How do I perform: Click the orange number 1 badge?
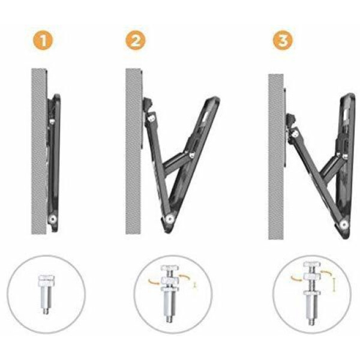tap(43, 41)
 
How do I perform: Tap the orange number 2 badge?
tap(136, 40)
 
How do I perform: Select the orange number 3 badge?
tap(283, 40)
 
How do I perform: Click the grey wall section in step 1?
tap(39, 151)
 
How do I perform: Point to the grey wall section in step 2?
tap(133, 151)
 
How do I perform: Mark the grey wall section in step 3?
tap(276, 157)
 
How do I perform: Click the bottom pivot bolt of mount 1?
tap(53, 219)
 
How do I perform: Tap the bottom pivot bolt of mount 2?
tap(170, 218)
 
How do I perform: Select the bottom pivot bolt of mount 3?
tap(343, 224)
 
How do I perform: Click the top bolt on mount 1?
tap(52, 121)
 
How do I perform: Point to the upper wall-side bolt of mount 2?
tap(151, 118)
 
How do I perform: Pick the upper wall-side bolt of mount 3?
tap(294, 134)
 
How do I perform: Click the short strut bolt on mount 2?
tap(191, 155)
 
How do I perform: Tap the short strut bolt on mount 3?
tap(345, 156)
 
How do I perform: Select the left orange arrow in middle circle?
tap(154, 282)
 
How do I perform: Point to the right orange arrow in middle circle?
tap(185, 277)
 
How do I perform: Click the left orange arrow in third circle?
tap(296, 278)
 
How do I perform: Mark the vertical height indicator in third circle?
tap(334, 285)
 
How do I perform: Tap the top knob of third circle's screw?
tap(311, 265)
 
